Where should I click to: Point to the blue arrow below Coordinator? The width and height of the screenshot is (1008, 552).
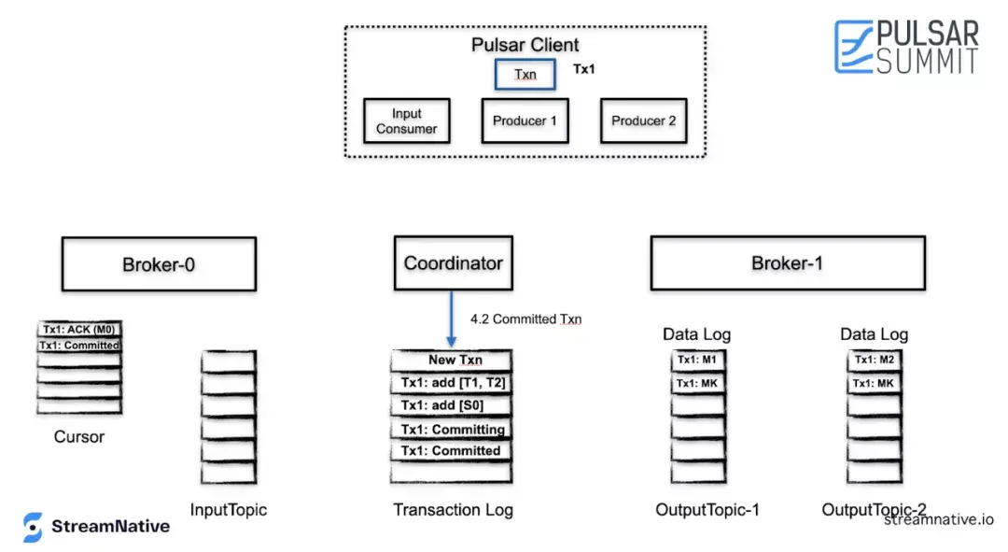[452, 319]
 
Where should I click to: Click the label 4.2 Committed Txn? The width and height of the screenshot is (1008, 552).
[525, 319]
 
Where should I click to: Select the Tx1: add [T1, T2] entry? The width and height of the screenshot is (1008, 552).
[452, 383]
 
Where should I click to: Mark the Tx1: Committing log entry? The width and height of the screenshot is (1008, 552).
[452, 429]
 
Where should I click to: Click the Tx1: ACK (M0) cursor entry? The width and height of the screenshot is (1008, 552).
[79, 330]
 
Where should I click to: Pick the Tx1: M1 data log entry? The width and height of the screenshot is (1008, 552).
[697, 361]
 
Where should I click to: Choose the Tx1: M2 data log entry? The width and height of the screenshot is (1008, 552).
[875, 361]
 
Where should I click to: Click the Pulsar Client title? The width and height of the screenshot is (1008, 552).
[525, 45]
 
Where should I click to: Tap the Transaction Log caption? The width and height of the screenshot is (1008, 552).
[454, 510]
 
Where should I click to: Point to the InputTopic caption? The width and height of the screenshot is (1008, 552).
[229, 510]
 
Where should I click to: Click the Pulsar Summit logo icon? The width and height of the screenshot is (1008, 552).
[854, 47]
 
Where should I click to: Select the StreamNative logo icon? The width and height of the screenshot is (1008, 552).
[32, 527]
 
